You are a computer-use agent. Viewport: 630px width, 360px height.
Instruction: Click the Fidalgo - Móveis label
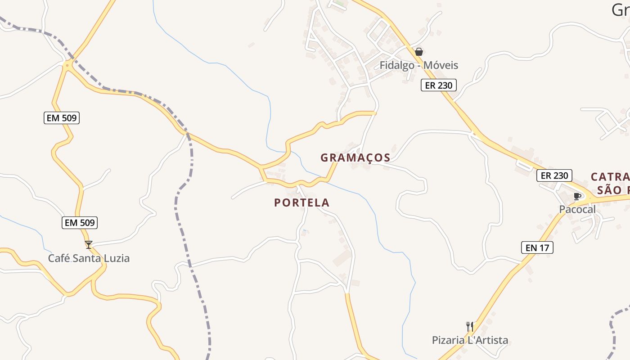coord(418,65)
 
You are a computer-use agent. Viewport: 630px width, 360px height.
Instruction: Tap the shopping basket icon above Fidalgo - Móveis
coord(419,52)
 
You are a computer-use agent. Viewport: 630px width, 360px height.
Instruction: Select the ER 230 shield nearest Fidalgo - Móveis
coord(438,85)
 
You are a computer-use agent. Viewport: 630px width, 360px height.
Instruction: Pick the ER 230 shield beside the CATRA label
coord(554,175)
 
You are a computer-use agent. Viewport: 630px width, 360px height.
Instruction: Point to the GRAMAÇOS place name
coord(355,158)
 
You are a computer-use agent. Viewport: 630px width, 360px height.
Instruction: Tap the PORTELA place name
coord(301,203)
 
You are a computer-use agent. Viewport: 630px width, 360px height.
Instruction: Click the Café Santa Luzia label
coord(89,258)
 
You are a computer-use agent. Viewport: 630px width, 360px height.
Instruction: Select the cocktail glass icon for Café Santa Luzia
coord(89,245)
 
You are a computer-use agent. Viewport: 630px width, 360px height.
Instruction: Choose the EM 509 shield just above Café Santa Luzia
coord(79,222)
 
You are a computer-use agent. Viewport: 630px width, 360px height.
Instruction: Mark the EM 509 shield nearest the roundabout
coord(62,118)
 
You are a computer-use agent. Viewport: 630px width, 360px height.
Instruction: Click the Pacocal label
coord(577,209)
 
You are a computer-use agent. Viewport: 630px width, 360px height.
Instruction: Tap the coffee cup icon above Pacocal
coord(577,196)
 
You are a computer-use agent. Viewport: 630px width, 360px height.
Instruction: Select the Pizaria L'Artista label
coord(470,340)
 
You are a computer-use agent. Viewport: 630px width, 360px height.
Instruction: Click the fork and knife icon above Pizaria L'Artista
coord(470,326)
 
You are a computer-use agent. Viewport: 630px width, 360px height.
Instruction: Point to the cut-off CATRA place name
coord(610,177)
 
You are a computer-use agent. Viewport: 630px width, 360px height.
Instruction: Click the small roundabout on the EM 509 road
coord(67,66)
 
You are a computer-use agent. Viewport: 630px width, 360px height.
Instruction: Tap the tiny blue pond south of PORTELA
coord(305,231)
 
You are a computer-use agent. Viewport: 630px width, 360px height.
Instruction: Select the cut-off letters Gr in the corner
coord(621,10)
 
